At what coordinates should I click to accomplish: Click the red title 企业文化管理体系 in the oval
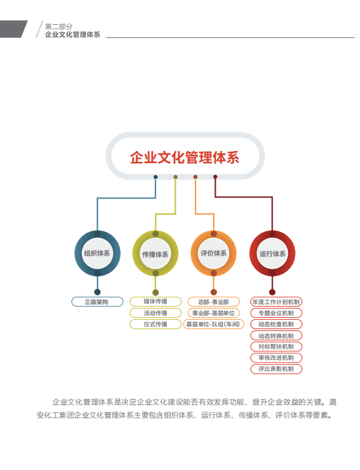pos(184,157)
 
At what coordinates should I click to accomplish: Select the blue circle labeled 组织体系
pos(98,253)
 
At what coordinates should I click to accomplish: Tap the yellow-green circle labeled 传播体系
pos(155,254)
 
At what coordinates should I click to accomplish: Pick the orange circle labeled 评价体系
pos(213,253)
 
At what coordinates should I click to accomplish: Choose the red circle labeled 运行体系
pos(272,254)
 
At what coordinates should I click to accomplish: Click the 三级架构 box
pos(97,302)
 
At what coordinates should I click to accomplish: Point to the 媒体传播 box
pos(155,302)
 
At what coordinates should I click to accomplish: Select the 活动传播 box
pos(155,313)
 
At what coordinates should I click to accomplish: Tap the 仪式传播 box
pos(155,324)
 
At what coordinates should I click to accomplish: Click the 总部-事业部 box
pos(213,302)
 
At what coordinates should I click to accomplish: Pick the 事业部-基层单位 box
pos(213,313)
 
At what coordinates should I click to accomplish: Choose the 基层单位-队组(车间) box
pos(213,324)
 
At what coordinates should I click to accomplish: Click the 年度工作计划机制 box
pos(276,302)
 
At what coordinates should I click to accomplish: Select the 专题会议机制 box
pos(276,313)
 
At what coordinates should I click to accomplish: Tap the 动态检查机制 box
pos(276,324)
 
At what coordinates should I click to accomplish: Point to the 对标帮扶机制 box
pos(276,347)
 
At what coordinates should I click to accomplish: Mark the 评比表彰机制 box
pos(276,369)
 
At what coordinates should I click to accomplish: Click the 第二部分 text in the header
pos(59,26)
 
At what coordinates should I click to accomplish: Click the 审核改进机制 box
pos(276,358)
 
